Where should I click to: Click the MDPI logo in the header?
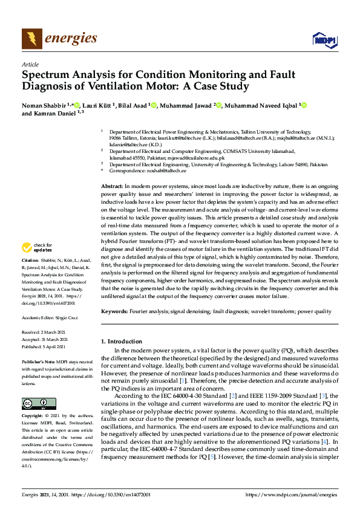[x=324, y=40]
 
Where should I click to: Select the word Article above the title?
[x=30, y=64]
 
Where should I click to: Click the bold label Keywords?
[x=114, y=311]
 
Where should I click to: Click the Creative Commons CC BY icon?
[x=35, y=387]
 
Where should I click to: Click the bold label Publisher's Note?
[x=39, y=361]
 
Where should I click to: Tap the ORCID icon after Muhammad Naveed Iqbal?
[x=304, y=106]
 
